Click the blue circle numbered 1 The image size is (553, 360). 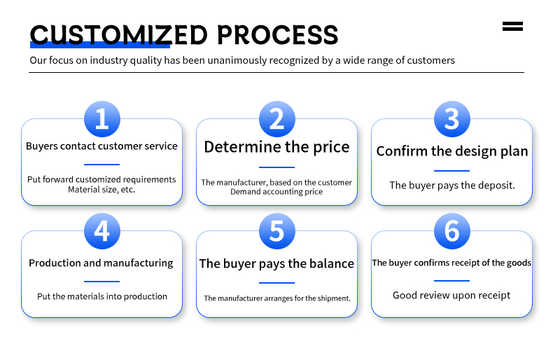[x=102, y=119]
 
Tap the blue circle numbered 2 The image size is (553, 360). [x=277, y=119]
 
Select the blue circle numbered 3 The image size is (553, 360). [x=451, y=119]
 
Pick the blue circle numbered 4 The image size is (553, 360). [x=102, y=231]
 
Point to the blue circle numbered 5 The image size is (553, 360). [x=277, y=231]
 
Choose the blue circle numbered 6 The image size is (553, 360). [x=451, y=231]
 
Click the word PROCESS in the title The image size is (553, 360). [x=278, y=35]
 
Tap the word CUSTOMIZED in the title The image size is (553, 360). [x=119, y=35]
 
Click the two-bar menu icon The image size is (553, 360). [x=512, y=27]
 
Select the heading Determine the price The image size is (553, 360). [x=277, y=147]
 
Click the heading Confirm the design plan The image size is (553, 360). [x=452, y=151]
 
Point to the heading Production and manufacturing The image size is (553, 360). [x=101, y=263]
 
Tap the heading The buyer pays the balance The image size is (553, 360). [x=277, y=263]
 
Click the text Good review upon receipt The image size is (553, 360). [x=451, y=295]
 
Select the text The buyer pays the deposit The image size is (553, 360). [x=452, y=186]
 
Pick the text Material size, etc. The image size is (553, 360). [x=101, y=190]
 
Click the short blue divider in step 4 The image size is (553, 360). [x=102, y=282]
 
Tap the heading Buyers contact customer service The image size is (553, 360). [x=101, y=146]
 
